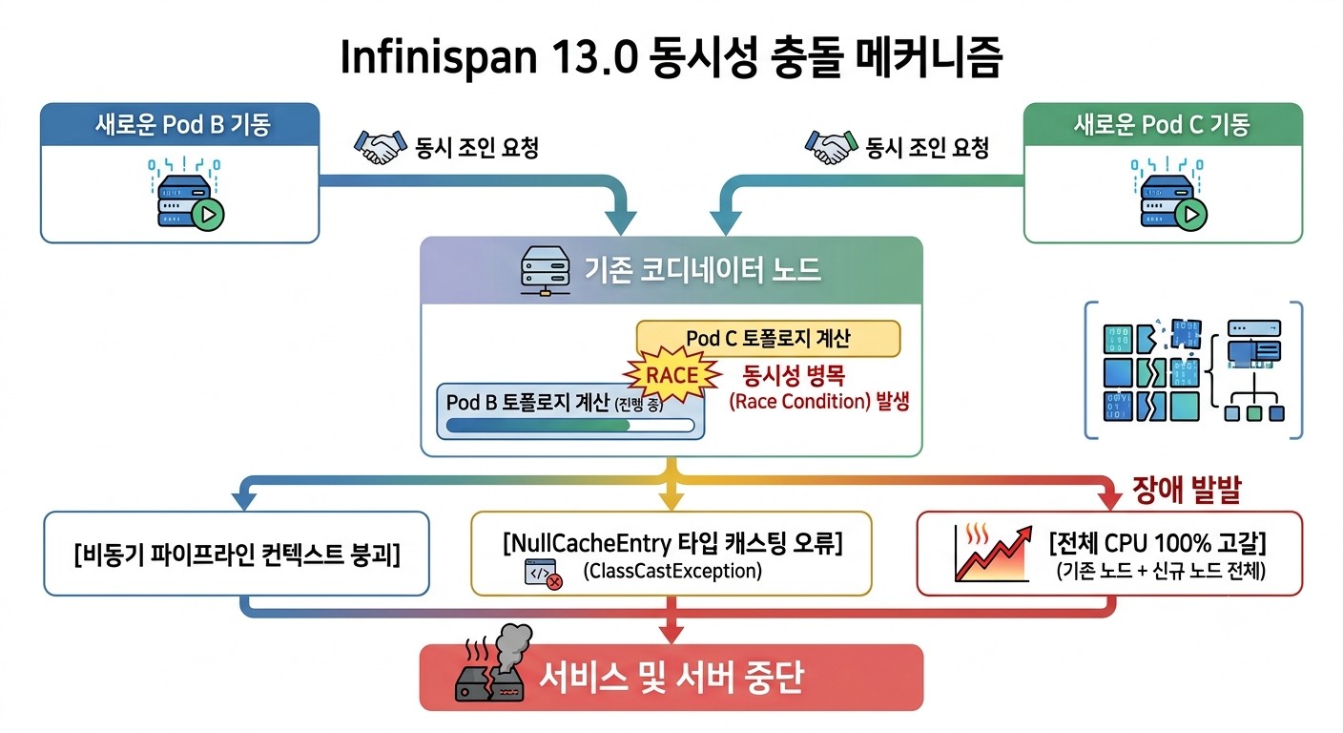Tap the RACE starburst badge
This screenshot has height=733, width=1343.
pos(672,375)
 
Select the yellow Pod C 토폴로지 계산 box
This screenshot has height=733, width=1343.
pos(768,339)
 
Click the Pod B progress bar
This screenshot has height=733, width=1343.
pos(570,426)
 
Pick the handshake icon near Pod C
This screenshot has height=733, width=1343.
pos(831,147)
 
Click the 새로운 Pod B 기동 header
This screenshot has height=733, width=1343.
pos(180,125)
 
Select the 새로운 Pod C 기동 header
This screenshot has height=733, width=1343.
pos(1163,125)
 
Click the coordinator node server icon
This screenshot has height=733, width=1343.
pos(545,271)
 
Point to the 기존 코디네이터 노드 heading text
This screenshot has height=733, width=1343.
pos(703,270)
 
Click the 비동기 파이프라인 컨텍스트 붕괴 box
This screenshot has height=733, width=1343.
pos(237,554)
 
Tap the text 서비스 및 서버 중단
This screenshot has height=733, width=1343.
pos(671,678)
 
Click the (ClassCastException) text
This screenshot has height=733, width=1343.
pos(672,571)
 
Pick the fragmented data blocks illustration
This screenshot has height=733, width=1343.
pos(1193,370)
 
